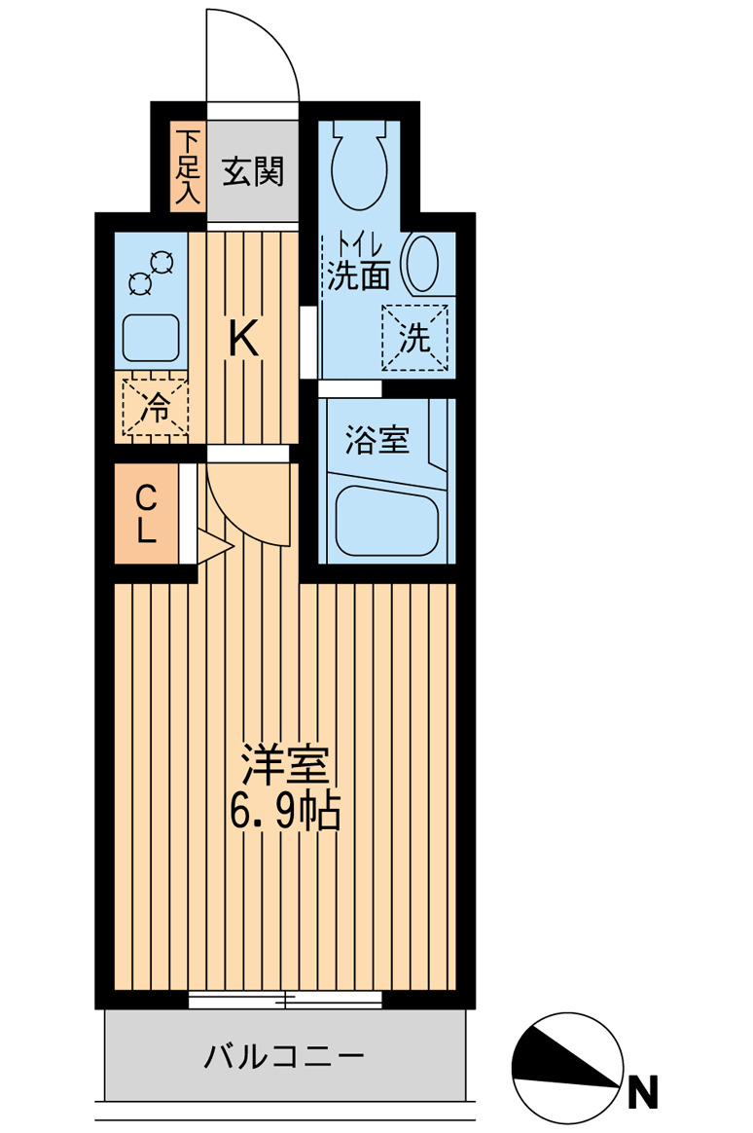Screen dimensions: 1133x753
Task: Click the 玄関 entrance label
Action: [x=254, y=172]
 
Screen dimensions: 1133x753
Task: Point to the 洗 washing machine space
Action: [x=414, y=338]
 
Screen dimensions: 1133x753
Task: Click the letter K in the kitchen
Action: [x=243, y=340]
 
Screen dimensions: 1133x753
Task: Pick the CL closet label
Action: [x=146, y=514]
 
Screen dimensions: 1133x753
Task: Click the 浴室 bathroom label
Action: [x=376, y=440]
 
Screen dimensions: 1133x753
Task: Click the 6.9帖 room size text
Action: [x=285, y=812]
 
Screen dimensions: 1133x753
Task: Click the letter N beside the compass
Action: [x=642, y=1094]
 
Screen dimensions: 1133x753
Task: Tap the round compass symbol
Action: [x=567, y=1068]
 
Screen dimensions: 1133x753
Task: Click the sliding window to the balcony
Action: [x=285, y=1000]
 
